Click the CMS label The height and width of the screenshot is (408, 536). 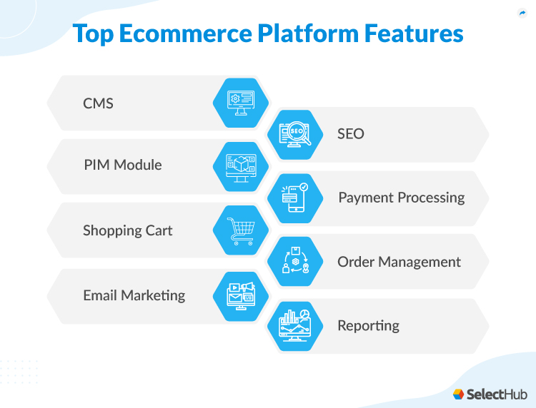pos(98,103)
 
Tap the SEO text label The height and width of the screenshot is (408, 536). pos(351,134)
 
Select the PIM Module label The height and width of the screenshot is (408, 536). pos(122,165)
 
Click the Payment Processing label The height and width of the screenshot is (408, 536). pos(401,198)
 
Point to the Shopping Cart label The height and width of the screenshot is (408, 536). pos(127,230)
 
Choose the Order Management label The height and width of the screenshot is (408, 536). pos(399,262)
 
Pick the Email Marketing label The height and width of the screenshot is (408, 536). pos(134,295)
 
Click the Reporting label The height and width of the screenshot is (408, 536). pos(368,326)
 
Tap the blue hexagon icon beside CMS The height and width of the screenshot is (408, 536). pos(241,103)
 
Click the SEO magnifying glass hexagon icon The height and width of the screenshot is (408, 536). pos(295,134)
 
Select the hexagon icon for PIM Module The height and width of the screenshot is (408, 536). pos(241,166)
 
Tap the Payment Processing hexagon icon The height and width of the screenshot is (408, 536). pos(295,198)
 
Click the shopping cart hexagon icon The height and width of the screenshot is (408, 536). pos(241,230)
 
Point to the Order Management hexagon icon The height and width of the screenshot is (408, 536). pos(295,262)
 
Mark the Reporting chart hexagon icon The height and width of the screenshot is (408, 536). pos(295,326)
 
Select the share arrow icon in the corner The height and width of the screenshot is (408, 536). pos(521,13)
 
